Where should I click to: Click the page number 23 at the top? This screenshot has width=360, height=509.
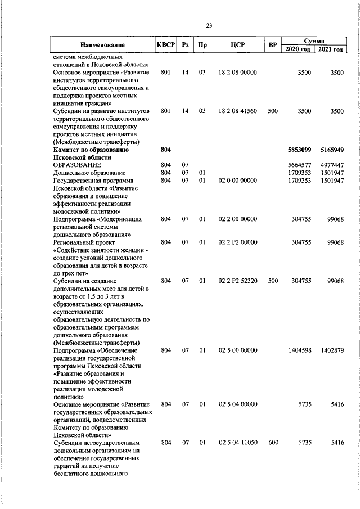point(209,26)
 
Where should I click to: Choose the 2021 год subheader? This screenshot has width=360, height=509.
point(330,49)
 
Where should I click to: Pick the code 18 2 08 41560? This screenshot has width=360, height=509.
point(237,111)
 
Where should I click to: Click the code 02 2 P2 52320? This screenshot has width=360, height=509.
point(237,280)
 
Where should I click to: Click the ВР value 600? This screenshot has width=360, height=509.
point(273,443)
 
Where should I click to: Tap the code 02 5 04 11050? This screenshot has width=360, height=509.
point(237,443)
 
